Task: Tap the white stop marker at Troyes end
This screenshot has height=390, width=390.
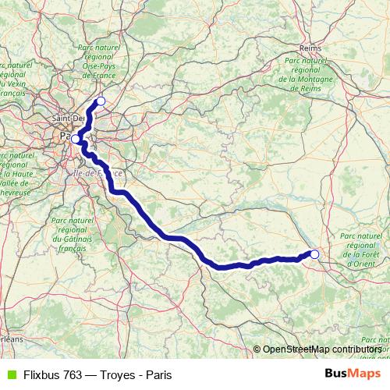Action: tap(314, 253)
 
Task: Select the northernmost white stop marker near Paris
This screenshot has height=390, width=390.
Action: tap(101, 101)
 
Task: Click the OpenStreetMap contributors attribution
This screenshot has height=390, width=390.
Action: tap(321, 349)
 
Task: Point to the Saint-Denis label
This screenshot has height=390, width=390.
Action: tap(67, 118)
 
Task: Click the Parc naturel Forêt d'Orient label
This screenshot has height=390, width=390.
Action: tap(360, 250)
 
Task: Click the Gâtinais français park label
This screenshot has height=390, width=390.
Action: tap(72, 234)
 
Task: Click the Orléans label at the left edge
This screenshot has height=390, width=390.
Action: tap(11, 339)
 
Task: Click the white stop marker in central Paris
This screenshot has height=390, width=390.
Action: tap(76, 140)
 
